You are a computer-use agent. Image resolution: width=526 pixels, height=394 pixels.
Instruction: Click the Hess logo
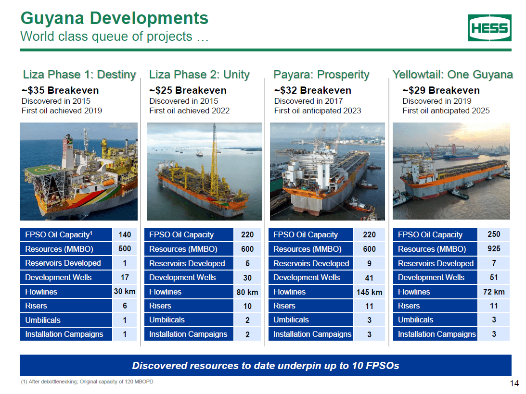click(x=489, y=28)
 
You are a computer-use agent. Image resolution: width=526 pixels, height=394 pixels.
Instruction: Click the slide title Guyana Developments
click(x=114, y=18)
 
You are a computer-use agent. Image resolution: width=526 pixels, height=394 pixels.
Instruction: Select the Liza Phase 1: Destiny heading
click(x=79, y=74)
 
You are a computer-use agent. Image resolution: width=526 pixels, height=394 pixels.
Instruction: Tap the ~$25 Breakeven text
click(x=188, y=90)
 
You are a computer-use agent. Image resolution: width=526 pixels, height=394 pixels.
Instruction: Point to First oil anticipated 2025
click(x=446, y=111)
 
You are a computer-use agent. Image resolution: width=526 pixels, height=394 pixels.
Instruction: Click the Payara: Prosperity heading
click(x=321, y=74)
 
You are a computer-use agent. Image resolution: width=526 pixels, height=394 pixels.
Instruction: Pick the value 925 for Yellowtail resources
click(x=493, y=249)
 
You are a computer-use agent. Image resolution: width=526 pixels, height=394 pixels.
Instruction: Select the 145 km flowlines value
click(x=369, y=292)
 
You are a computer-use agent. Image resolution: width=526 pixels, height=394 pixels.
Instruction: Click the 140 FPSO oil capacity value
click(x=125, y=234)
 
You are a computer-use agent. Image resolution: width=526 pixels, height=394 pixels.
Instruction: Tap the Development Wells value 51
click(x=493, y=277)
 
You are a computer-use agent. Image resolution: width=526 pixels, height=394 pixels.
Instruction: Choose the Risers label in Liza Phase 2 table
click(x=160, y=306)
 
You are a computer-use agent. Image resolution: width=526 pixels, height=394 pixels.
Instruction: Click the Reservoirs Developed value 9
click(x=369, y=263)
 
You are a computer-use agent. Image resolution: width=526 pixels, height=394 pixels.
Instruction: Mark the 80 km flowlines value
click(x=247, y=292)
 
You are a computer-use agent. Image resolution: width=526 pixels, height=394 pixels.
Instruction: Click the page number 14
click(x=514, y=383)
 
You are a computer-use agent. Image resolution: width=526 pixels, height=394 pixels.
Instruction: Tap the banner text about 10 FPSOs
click(x=265, y=366)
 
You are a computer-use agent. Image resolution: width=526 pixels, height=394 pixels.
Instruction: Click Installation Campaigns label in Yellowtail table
click(x=436, y=334)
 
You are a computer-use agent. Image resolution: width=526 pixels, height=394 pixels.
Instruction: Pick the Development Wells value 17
click(x=125, y=277)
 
